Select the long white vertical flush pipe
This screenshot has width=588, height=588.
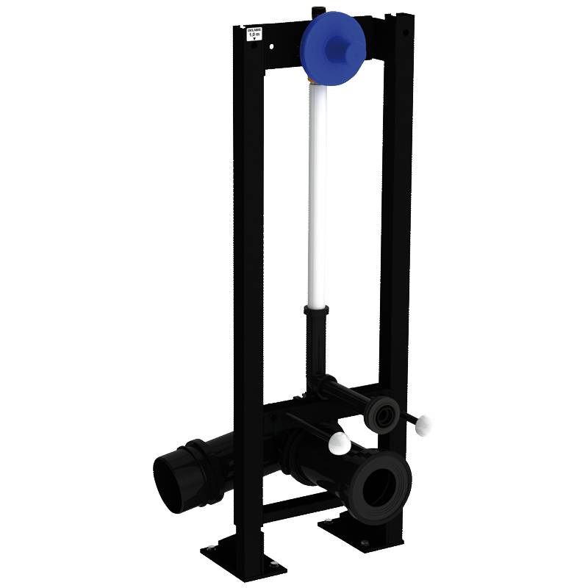tap(317, 198)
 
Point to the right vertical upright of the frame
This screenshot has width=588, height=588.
tap(395, 220)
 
